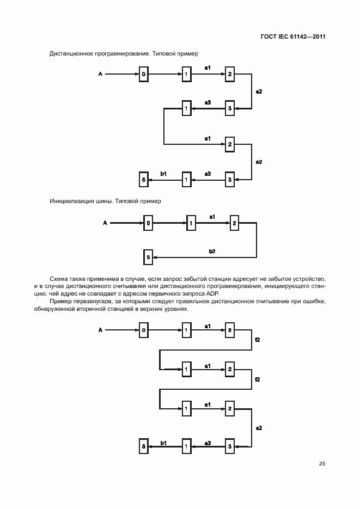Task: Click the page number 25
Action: click(x=322, y=464)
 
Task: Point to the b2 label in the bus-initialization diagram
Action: click(x=212, y=251)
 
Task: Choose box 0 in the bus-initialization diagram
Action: click(x=148, y=222)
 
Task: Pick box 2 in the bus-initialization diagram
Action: click(x=235, y=222)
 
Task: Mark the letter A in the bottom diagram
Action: click(x=100, y=329)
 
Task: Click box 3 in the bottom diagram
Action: click(x=230, y=446)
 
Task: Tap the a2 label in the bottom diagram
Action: click(x=259, y=428)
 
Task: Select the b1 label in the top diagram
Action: click(x=163, y=173)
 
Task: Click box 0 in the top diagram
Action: click(x=143, y=74)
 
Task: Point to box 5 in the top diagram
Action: click(x=143, y=179)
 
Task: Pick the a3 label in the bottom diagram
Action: click(x=208, y=443)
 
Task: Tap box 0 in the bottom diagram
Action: click(x=143, y=330)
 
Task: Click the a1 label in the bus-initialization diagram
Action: click(x=212, y=217)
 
